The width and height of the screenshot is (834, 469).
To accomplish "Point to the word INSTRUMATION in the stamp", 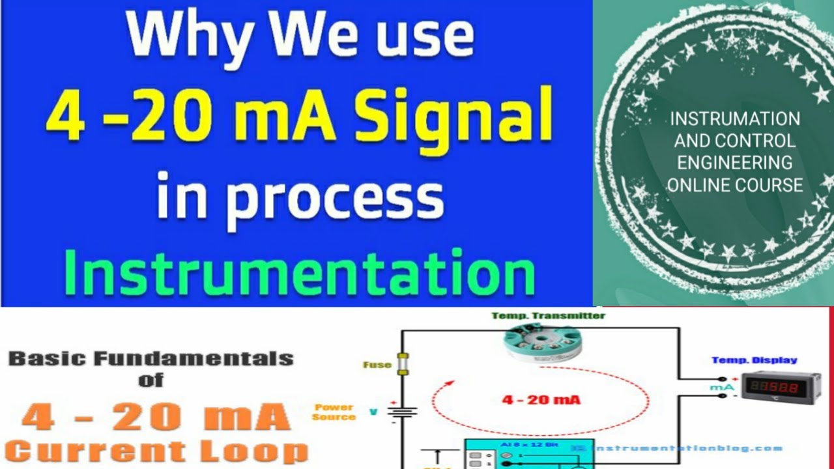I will click(x=735, y=119).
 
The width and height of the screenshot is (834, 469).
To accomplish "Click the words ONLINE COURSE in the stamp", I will click(x=735, y=185).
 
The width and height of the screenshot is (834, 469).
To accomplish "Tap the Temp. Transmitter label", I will click(x=548, y=316).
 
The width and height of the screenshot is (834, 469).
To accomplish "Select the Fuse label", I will click(x=377, y=365).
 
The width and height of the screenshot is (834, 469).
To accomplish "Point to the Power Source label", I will click(x=334, y=412).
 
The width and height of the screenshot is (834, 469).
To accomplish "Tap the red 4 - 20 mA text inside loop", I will click(x=532, y=400).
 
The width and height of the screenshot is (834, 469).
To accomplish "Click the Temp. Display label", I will click(x=754, y=360).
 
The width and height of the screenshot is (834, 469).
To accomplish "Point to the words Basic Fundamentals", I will click(x=151, y=358).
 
